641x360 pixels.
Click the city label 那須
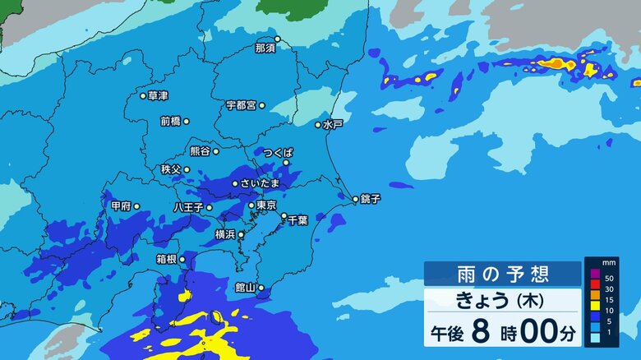(265, 48)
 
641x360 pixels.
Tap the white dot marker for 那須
(278, 39)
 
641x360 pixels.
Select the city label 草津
(159, 96)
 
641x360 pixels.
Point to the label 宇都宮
(241, 105)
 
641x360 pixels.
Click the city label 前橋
(170, 121)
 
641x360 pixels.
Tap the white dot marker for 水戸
(318, 125)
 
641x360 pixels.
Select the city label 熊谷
(200, 151)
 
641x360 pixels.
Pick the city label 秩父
(171, 169)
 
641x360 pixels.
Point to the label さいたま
(260, 183)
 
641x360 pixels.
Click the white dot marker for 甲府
(136, 206)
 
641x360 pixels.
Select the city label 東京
(265, 205)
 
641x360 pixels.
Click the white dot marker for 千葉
(284, 216)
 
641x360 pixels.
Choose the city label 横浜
(225, 234)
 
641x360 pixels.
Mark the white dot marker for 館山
(261, 288)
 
